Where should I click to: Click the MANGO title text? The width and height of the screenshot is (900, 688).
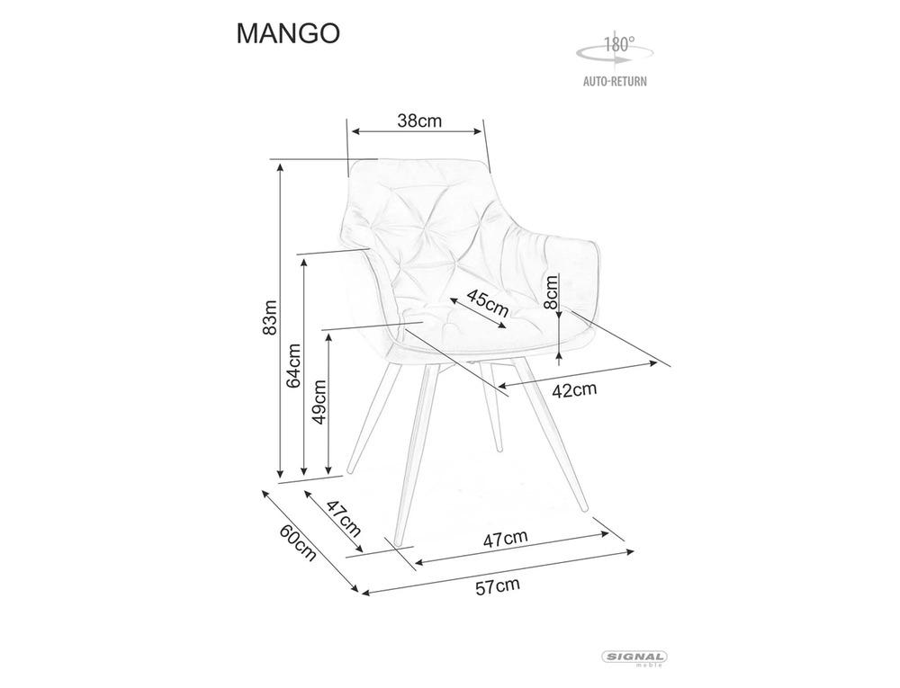(x=288, y=34)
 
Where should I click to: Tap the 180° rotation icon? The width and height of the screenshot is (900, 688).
(x=615, y=49)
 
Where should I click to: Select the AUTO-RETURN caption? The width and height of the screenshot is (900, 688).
(x=615, y=81)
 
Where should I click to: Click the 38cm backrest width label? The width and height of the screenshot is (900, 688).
(x=419, y=121)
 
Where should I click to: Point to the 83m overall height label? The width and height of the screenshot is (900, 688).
(x=270, y=317)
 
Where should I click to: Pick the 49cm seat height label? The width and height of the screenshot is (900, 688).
(x=319, y=401)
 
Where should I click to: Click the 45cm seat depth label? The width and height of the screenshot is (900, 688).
(x=487, y=303)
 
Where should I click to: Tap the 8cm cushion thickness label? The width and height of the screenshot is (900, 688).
(x=552, y=291)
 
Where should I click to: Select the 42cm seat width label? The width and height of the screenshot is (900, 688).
(x=574, y=390)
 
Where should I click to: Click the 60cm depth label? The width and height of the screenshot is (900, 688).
(x=298, y=542)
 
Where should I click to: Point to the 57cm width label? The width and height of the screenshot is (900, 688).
(x=497, y=586)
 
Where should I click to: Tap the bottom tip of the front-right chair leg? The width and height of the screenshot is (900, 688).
(x=586, y=510)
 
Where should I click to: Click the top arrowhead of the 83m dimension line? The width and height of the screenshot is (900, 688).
(x=280, y=167)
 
